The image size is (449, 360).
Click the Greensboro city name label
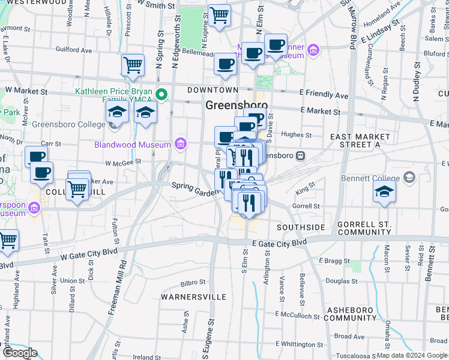pyautogui.click(x=237, y=105)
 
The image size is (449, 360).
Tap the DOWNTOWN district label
pyautogui.click(x=209, y=89)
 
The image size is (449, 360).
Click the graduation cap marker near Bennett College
pyautogui.click(x=384, y=193)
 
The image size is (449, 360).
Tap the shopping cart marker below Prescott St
pyautogui.click(x=133, y=65)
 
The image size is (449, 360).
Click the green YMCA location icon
pyautogui.click(x=161, y=94)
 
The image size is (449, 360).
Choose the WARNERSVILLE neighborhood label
pyautogui.click(x=194, y=297)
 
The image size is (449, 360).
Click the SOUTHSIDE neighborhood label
pyautogui.click(x=301, y=228)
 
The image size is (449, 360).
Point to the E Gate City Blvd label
pyautogui.click(x=279, y=242)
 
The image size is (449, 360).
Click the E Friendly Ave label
pyautogui.click(x=324, y=95)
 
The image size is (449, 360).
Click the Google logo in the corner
pyautogui.click(x=20, y=353)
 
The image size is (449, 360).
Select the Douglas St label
pyautogui.click(x=342, y=280)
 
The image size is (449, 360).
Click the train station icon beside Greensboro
pyautogui.click(x=300, y=156)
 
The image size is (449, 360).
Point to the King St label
pyautogui.click(x=304, y=191)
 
